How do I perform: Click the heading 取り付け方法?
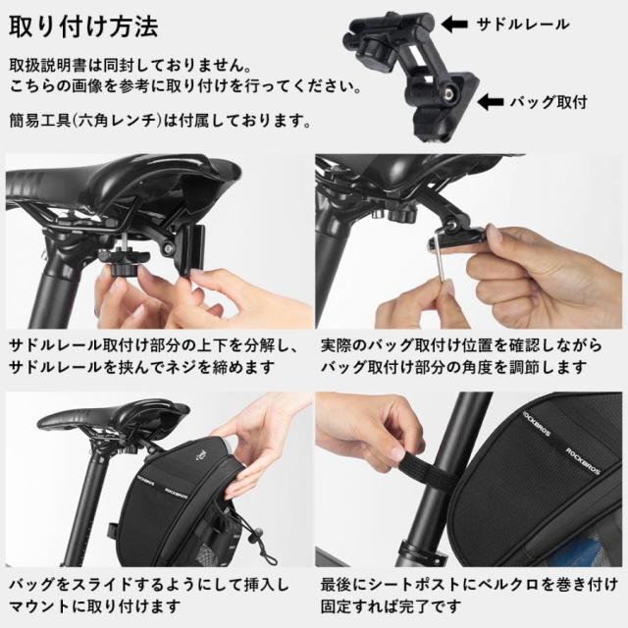point(83,26)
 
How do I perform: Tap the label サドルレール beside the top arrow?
point(523,25)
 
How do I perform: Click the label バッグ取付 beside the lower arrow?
point(549,102)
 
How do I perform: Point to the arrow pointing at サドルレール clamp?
point(454,25)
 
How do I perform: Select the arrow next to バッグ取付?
point(491,102)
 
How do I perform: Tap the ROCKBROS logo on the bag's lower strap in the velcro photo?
point(582,460)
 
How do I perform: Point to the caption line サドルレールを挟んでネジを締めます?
point(142,367)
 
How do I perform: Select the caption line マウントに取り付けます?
point(94,606)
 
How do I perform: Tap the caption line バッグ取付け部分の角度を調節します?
point(453,367)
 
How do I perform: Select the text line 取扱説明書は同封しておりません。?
point(131,66)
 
